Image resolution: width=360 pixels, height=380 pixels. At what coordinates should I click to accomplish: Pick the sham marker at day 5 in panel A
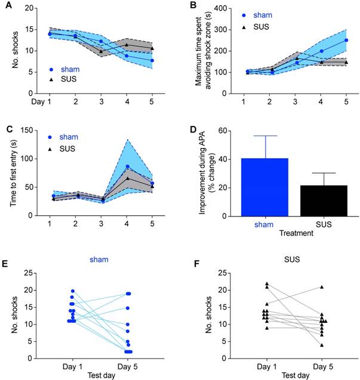152,60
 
